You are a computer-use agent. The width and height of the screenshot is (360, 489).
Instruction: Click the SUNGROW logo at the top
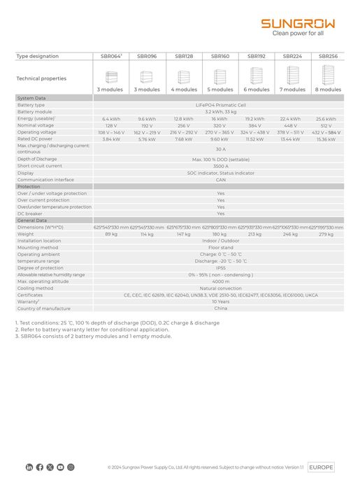298,23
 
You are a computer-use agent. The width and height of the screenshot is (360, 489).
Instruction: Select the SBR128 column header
184,56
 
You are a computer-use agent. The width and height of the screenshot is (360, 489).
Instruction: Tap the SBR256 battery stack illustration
328,75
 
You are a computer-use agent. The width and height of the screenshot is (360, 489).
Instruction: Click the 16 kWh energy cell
220,119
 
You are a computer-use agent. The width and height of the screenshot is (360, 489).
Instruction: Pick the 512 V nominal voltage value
326,126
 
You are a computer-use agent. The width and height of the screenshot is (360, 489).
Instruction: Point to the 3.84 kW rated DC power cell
111,139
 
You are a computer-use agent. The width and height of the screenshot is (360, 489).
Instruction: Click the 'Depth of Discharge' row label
38,160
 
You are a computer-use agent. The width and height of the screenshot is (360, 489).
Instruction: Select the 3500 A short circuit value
220,166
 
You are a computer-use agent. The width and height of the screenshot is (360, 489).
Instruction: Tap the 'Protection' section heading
29,187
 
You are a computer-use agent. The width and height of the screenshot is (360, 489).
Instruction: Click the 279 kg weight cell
326,234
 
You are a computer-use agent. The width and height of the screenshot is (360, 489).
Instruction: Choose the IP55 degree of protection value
220,268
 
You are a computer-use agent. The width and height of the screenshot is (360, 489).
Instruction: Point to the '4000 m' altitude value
220,281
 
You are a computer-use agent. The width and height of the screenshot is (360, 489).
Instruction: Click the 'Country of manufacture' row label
44,309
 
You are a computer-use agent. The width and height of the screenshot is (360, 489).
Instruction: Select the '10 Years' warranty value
220,302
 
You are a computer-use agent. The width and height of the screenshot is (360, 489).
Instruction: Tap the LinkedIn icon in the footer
29,467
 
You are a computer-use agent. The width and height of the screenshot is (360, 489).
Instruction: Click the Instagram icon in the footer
71,467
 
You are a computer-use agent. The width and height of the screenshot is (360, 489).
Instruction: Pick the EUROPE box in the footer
321,467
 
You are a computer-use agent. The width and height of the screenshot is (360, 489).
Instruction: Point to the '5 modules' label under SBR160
220,90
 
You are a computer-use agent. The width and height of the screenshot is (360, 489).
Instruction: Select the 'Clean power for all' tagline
298,33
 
